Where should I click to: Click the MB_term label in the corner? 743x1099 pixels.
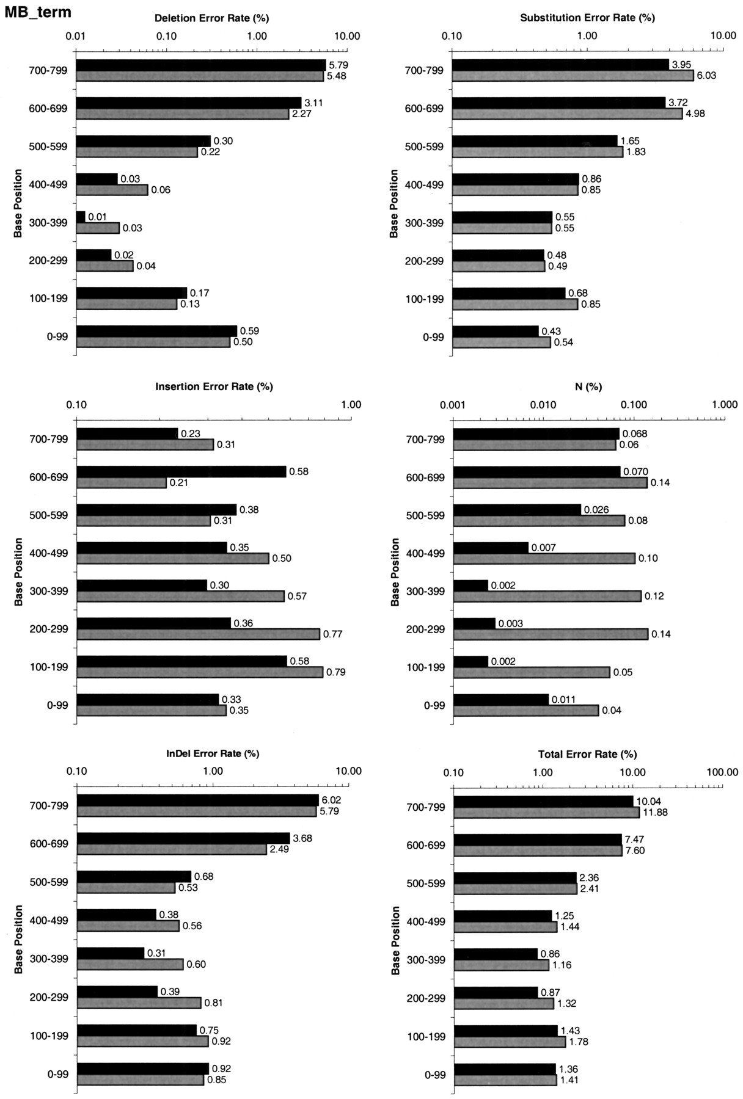tap(38, 12)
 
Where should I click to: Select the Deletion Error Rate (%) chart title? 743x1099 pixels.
tap(211, 18)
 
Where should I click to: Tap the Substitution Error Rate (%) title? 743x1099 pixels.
tap(587, 18)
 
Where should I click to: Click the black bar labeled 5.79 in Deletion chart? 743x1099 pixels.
tap(201, 65)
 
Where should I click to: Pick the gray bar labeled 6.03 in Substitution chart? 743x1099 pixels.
tap(573, 76)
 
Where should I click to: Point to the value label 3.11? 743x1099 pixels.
tap(313, 103)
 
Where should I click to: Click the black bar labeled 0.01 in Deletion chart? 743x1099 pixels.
tap(81, 217)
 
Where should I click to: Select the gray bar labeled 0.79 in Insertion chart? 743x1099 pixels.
tap(199, 672)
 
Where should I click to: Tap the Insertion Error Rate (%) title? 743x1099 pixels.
tap(214, 386)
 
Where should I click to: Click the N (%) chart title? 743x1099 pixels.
tap(588, 386)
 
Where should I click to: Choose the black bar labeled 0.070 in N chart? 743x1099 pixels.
tap(536, 471)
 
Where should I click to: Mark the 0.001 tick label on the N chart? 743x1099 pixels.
tap(453, 404)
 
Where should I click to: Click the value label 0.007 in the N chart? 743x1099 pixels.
tap(543, 548)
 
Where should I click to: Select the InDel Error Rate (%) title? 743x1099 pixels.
tap(213, 753)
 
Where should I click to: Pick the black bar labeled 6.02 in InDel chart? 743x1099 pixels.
tap(197, 800)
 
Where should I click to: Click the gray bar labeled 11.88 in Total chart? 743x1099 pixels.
tap(546, 813)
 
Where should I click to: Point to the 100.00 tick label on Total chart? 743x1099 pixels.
tap(723, 772)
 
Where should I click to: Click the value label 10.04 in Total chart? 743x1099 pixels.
tap(648, 802)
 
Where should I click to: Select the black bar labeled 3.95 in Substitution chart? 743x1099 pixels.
tap(561, 65)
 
